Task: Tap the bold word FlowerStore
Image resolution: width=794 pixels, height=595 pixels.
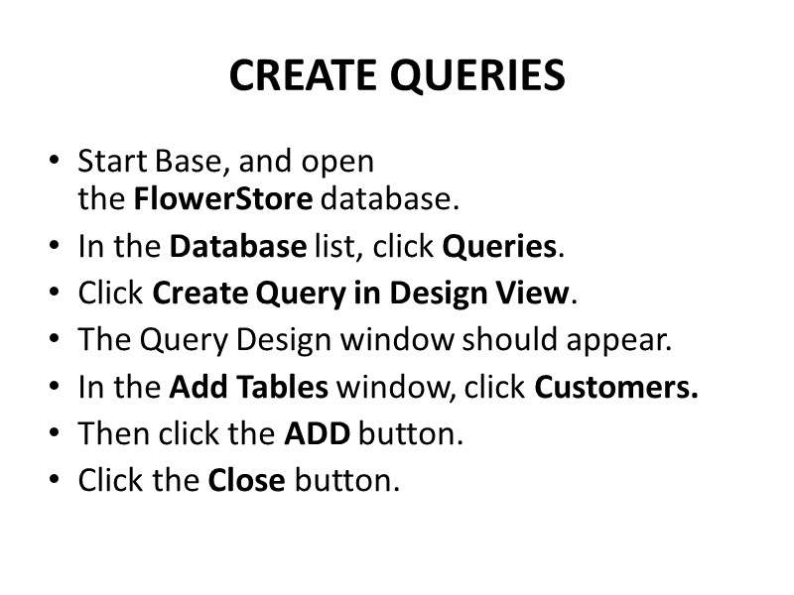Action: coord(223,200)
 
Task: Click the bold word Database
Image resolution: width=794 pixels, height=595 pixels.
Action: coord(237,247)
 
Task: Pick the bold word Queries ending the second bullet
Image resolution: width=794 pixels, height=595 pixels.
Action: coord(499,247)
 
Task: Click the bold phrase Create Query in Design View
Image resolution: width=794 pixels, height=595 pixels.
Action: coord(361,294)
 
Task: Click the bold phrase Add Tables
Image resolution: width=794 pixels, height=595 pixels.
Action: coord(248,387)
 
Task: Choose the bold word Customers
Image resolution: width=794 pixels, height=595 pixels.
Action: coord(616,387)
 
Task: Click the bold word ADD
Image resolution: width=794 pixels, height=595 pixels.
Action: coord(318,433)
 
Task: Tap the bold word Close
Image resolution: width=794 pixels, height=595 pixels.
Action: coord(246,480)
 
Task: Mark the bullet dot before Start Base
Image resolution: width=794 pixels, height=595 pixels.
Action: coord(54,162)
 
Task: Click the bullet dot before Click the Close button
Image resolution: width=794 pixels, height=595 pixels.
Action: coord(54,482)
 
